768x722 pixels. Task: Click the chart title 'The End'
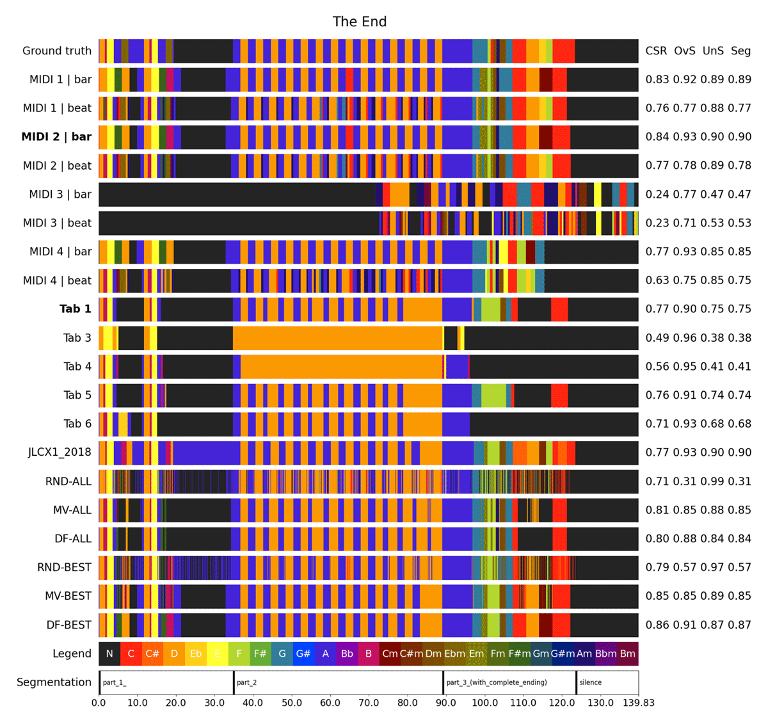tap(360, 22)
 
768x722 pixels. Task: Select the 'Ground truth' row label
tap(57, 51)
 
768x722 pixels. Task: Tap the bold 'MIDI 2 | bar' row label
tap(56, 136)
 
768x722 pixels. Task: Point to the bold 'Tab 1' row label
tap(76, 309)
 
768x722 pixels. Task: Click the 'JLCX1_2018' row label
tap(60, 452)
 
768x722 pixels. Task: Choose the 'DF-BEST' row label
tap(68, 625)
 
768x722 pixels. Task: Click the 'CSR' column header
tap(656, 51)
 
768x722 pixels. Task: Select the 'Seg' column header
tap(740, 51)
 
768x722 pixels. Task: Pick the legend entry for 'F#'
tap(260, 654)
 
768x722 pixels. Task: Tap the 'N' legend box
tap(109, 654)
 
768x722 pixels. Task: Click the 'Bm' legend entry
tap(627, 654)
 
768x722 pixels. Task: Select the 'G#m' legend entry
tap(563, 654)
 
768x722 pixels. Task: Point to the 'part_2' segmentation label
tap(246, 682)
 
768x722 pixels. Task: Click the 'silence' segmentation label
tap(590, 682)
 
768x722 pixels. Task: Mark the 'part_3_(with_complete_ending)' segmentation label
tap(496, 682)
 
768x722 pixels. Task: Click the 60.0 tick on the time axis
tap(330, 703)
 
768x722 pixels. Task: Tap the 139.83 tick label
tap(638, 703)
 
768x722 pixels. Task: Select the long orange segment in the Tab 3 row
tap(338, 337)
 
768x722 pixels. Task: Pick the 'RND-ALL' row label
tap(68, 481)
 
